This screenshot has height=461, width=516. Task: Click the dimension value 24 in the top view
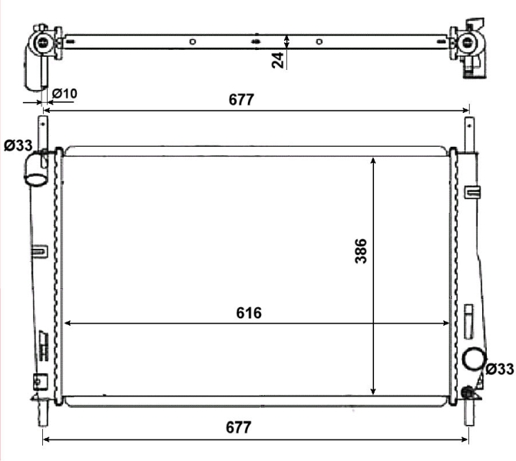(278, 60)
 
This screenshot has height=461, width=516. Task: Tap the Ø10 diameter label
(64, 94)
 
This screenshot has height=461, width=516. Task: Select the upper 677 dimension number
(241, 100)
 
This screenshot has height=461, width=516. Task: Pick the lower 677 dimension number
(238, 427)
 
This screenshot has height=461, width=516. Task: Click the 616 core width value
(249, 313)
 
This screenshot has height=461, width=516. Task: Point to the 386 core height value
(361, 251)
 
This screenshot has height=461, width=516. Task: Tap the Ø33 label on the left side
(18, 145)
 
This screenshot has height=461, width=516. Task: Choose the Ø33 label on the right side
(499, 369)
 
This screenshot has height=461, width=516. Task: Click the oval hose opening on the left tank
(36, 180)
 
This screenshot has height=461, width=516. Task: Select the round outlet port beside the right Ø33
(475, 360)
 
